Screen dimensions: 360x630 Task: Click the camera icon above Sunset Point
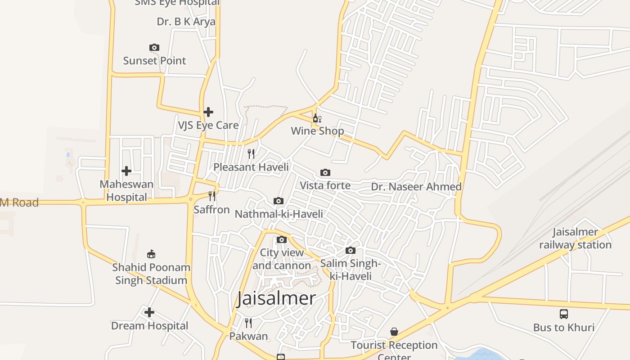tap(154, 47)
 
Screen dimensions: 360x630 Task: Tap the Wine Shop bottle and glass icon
tap(317, 118)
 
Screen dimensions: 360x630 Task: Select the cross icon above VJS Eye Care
tap(208, 112)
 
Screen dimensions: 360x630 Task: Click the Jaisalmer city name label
tap(276, 298)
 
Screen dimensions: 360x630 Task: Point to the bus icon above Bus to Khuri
tap(564, 314)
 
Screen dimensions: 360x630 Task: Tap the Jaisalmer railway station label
tap(575, 238)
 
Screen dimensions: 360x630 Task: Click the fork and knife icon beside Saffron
tap(211, 196)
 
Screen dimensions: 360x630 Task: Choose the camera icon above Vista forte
tap(325, 172)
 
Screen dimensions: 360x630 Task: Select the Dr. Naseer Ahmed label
tap(416, 187)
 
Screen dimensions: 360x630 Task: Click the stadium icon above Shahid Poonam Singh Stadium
tap(151, 254)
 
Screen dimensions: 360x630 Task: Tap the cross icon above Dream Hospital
tap(149, 312)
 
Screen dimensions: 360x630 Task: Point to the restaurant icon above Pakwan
tap(248, 323)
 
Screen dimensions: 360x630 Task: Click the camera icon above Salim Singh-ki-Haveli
tap(351, 250)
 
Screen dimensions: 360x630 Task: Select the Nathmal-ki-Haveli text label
tap(279, 214)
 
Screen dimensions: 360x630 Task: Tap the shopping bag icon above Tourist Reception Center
tap(394, 332)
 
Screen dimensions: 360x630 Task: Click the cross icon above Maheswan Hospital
tap(126, 171)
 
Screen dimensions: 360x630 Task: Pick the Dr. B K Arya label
tap(186, 22)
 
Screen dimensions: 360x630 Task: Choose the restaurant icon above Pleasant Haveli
tap(251, 154)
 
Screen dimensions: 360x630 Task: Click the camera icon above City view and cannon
tap(282, 239)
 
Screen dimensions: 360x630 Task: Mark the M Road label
tap(19, 202)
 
